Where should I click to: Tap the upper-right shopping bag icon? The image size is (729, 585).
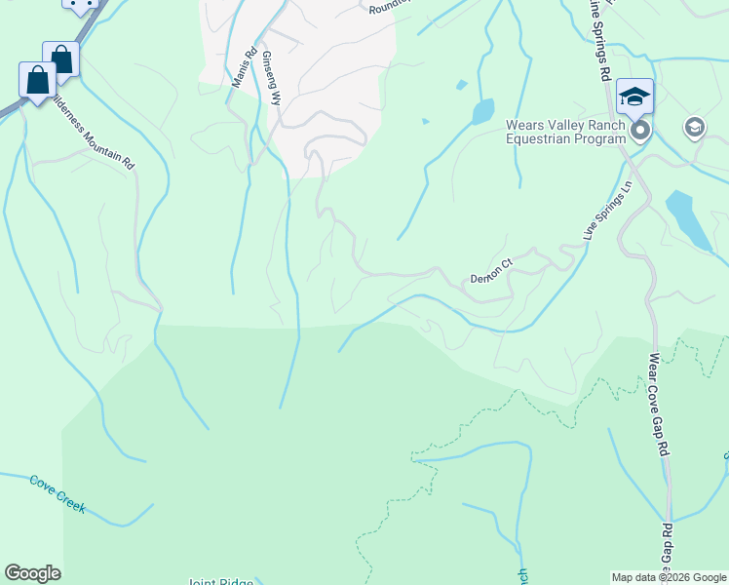click(x=61, y=58)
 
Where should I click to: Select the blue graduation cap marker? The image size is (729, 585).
click(x=634, y=97)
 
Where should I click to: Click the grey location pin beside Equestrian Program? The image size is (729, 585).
click(x=639, y=131)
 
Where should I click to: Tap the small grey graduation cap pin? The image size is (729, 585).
click(x=694, y=127)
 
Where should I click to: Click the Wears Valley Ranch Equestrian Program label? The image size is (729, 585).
click(x=565, y=132)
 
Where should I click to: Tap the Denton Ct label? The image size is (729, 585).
click(x=491, y=271)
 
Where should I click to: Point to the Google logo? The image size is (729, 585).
click(x=32, y=573)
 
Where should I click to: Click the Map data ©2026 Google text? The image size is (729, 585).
click(x=668, y=577)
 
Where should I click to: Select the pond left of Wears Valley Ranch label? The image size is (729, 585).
click(x=482, y=112)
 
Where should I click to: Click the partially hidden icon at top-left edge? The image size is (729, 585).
click(x=81, y=5)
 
